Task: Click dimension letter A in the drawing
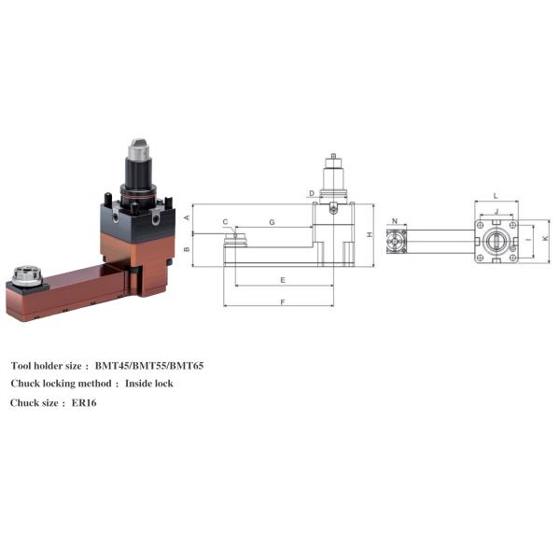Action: [188, 217]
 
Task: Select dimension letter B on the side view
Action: [188, 249]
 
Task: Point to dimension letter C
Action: [225, 222]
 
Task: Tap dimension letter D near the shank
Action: [311, 194]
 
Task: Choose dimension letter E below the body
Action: [282, 279]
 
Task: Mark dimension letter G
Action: [271, 222]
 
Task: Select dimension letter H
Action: [370, 234]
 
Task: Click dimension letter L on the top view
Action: [495, 195]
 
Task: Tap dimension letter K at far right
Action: [545, 239]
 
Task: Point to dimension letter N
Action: [396, 222]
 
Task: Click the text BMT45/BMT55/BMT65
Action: [149, 365]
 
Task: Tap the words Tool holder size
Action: [49, 365]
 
